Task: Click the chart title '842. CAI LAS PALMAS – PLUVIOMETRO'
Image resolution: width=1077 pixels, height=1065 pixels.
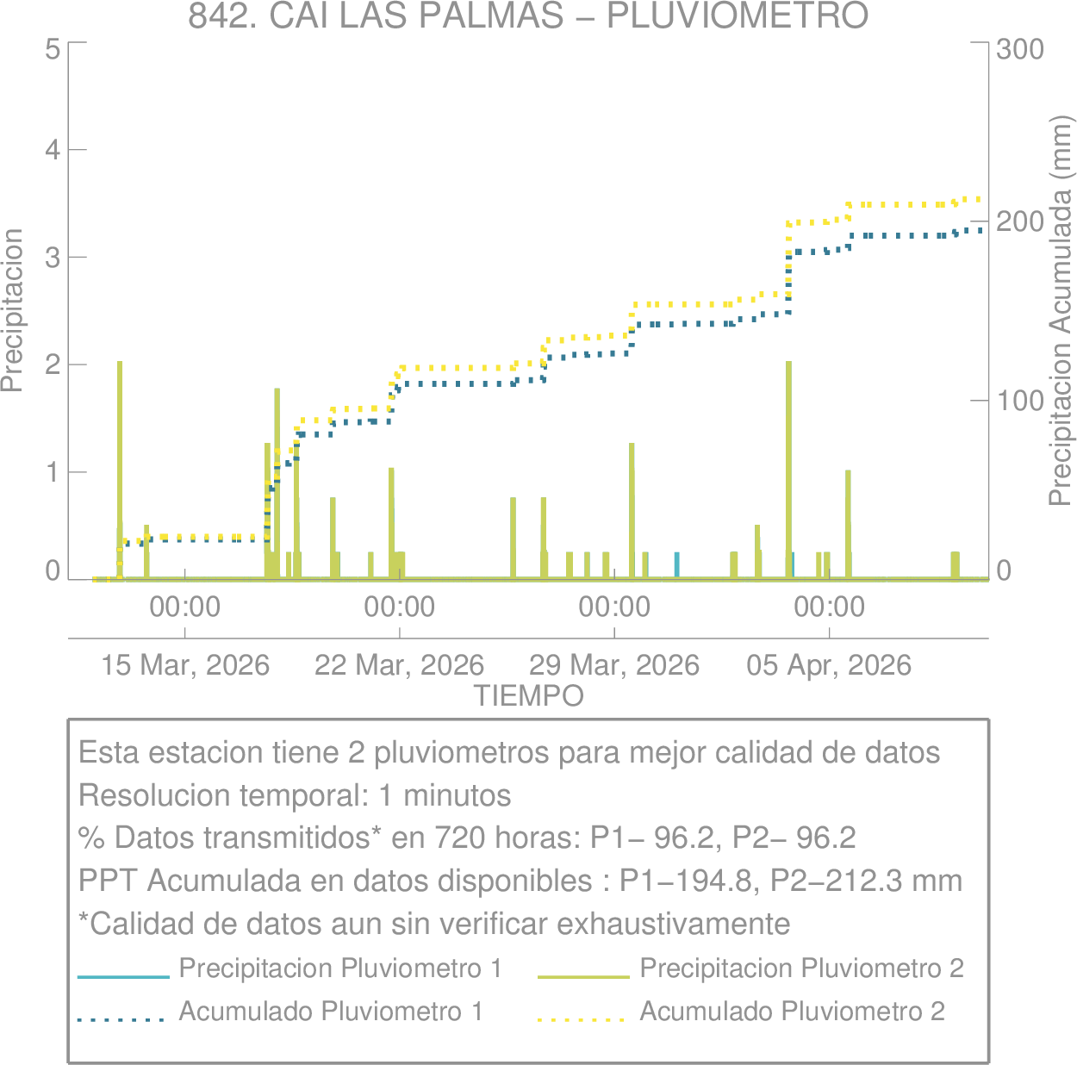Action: point(527,16)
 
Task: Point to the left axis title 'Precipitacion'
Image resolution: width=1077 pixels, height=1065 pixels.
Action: point(12,310)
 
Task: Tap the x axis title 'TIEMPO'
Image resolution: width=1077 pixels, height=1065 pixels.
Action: point(528,695)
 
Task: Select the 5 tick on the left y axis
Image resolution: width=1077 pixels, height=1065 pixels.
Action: point(53,48)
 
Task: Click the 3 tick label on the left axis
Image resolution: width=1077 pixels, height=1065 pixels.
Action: point(53,258)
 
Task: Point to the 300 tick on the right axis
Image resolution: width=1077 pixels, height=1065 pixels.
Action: point(1019,48)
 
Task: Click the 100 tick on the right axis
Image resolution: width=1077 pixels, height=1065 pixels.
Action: point(1019,401)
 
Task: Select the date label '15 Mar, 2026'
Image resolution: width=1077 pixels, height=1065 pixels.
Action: point(185,665)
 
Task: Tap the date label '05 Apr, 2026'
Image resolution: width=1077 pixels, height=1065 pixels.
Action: point(829,665)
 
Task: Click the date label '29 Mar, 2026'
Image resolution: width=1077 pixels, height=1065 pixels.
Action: point(613,665)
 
